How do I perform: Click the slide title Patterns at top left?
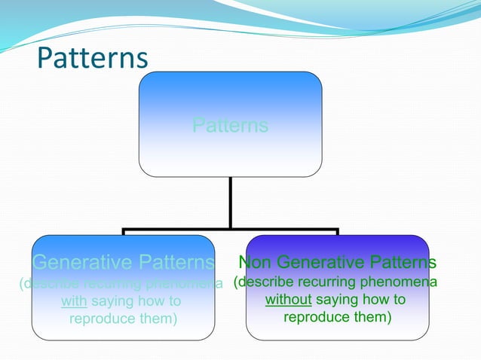tap(93, 58)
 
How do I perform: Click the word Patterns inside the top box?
tap(230, 125)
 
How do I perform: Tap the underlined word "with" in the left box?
tap(74, 302)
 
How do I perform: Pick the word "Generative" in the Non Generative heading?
tap(321, 263)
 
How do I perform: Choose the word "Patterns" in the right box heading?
tap(403, 263)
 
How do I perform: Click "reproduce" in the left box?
tap(103, 319)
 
